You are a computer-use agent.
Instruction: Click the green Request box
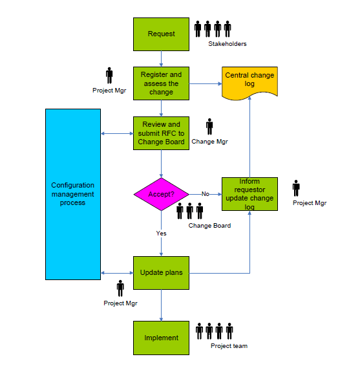(161, 34)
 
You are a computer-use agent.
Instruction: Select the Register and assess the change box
(161, 83)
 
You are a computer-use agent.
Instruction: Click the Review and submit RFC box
(161, 133)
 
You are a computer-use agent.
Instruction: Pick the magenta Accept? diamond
(161, 193)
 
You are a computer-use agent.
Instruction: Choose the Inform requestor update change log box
(249, 193)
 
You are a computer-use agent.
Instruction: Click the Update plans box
(161, 272)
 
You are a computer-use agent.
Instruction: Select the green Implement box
(161, 337)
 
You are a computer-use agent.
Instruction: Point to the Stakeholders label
(228, 44)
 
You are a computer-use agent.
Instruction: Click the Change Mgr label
(209, 142)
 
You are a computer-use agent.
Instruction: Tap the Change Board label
(209, 226)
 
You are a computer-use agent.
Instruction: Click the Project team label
(229, 346)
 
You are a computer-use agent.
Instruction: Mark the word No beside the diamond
(205, 193)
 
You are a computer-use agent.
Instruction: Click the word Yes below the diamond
(161, 232)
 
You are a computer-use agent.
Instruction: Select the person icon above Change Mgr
(209, 127)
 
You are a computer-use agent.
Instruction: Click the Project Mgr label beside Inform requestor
(310, 203)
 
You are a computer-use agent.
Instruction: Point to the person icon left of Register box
(109, 76)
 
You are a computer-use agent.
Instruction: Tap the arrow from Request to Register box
(161, 59)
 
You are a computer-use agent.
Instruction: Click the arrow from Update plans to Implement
(161, 305)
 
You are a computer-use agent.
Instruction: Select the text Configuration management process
(73, 194)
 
